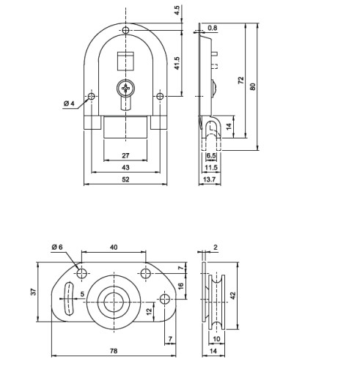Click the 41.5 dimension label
(x=177, y=63)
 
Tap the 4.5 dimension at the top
(x=177, y=10)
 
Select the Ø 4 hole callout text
(x=69, y=103)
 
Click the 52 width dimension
(x=125, y=179)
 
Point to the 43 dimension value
(x=125, y=168)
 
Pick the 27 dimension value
(x=125, y=155)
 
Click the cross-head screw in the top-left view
(x=125, y=88)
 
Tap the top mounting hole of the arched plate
(x=125, y=30)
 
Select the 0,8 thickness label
(x=213, y=28)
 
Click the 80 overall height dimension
(x=253, y=86)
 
